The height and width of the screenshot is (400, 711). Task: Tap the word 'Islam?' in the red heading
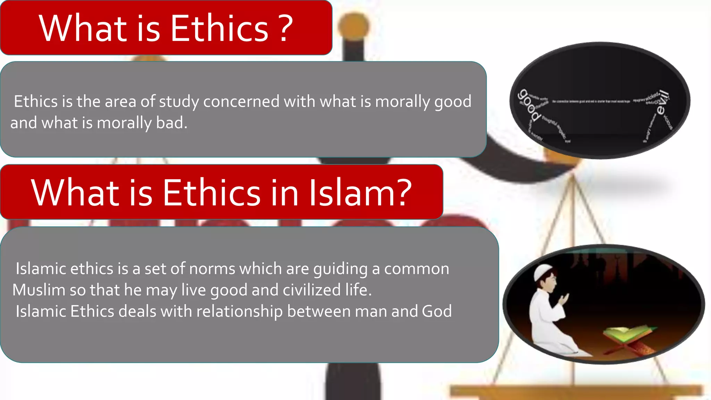point(360,193)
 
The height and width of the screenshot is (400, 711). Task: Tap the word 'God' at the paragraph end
point(437,311)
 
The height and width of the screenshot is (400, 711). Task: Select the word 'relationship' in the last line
point(239,311)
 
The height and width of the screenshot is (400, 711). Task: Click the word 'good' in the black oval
point(529,105)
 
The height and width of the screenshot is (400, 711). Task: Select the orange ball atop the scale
point(353,25)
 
